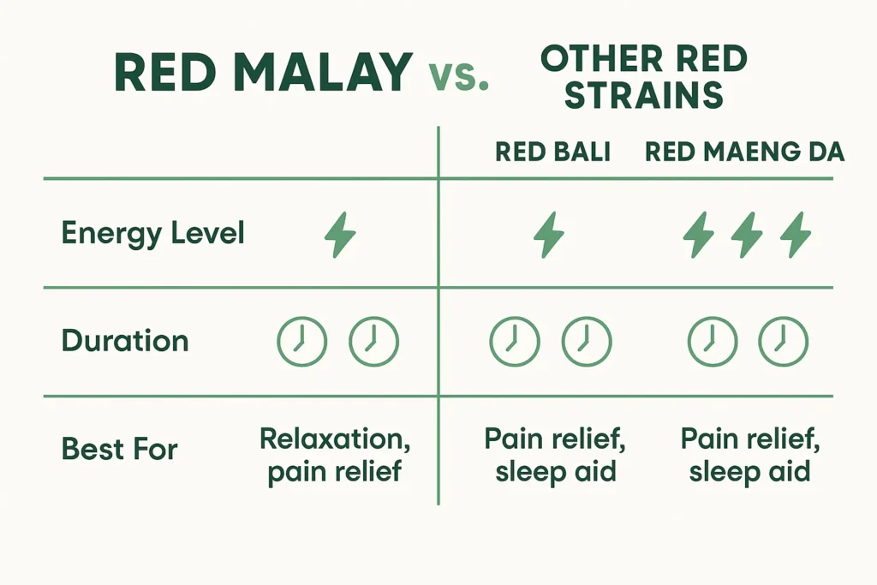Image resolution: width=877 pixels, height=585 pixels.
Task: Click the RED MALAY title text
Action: (x=263, y=73)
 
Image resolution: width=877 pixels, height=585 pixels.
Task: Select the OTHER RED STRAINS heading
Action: (x=643, y=78)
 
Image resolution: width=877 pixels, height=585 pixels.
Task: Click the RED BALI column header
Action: (x=552, y=152)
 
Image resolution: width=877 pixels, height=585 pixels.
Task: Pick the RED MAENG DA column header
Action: (x=744, y=152)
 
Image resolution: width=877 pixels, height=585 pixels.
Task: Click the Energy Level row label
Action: (x=152, y=234)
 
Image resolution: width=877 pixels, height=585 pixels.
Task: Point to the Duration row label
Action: (x=125, y=341)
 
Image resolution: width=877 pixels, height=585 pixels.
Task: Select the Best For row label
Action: (x=119, y=449)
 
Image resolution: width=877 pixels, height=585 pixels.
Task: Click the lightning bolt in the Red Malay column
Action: (x=340, y=235)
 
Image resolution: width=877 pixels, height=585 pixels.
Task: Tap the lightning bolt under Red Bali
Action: (x=549, y=235)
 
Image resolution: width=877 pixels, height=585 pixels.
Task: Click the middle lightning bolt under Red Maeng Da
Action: (x=747, y=235)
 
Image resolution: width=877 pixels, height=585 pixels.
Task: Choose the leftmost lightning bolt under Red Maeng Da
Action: (x=698, y=235)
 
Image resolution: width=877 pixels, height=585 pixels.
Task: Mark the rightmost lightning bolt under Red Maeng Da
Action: (x=796, y=235)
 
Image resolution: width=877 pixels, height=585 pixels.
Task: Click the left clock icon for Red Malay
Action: (x=301, y=341)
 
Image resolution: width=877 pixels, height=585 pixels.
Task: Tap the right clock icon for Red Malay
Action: (x=373, y=341)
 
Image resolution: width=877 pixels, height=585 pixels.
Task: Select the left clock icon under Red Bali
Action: (x=514, y=341)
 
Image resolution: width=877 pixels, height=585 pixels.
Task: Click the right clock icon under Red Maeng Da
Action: (x=783, y=341)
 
